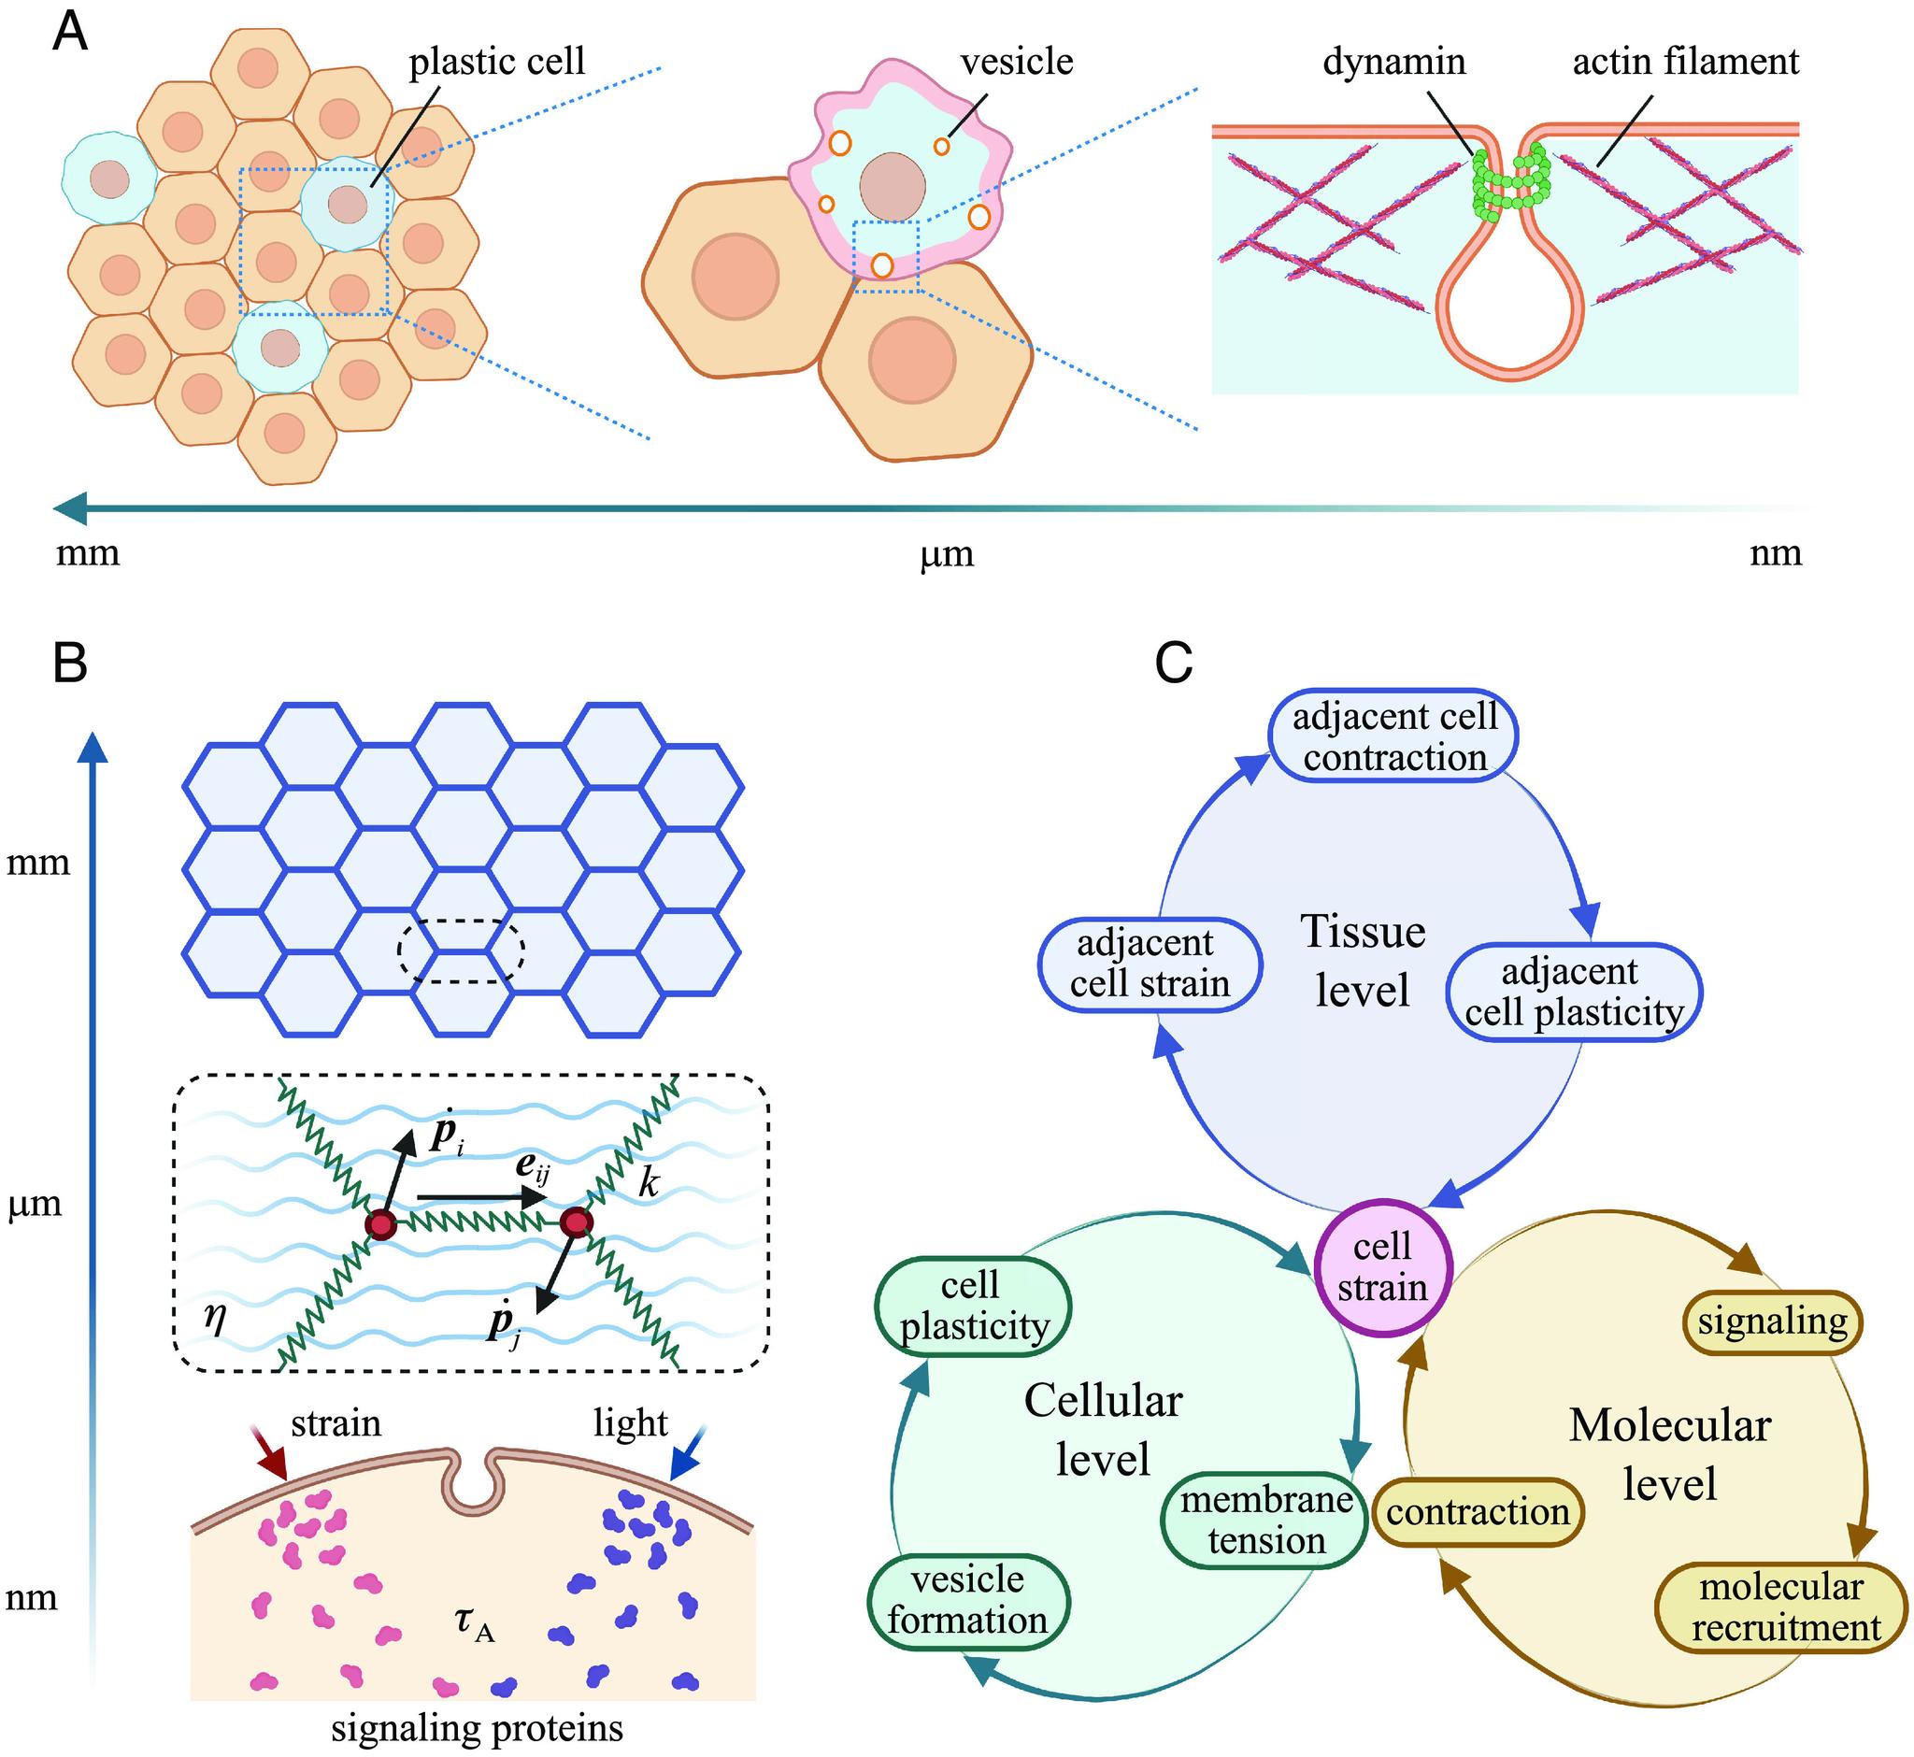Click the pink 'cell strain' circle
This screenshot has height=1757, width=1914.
pos(1383,1267)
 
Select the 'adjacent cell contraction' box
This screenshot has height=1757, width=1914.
pos(1393,736)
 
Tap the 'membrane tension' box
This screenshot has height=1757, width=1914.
pos(1265,1520)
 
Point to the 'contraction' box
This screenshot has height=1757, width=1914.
pos(1478,1512)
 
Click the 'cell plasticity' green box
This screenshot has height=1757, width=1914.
pos(973,1306)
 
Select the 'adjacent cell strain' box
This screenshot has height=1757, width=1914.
pos(1150,964)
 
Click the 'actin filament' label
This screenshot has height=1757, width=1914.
pos(1685,62)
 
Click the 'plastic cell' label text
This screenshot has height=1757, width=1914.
pos(496,62)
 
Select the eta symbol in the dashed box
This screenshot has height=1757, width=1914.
pos(216,1318)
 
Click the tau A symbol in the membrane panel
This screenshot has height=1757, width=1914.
pos(474,1622)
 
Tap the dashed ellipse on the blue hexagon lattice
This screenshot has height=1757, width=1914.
pos(460,951)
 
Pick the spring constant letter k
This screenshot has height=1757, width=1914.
pos(649,1184)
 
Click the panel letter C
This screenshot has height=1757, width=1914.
pos(1173,663)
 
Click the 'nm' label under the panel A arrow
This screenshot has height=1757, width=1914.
pos(1775,552)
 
